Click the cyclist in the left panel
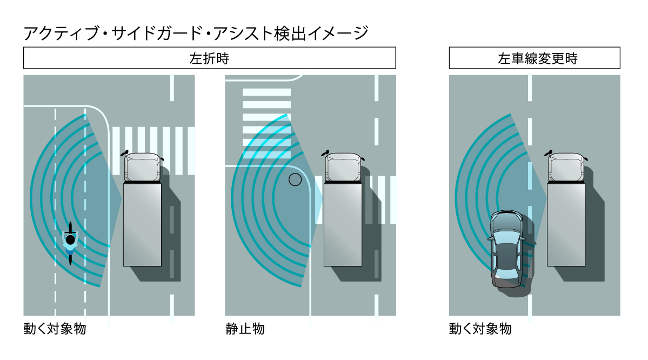[70, 243]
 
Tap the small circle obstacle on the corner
[295, 179]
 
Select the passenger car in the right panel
[506, 249]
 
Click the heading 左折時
[209, 58]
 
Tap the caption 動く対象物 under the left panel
[54, 328]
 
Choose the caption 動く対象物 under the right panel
[480, 328]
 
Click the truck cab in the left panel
[143, 168]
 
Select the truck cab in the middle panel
[343, 168]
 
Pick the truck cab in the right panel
[566, 168]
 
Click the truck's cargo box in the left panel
[143, 224]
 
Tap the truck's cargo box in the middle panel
[343, 224]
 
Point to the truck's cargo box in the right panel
[566, 224]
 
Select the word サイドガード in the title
[157, 34]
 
